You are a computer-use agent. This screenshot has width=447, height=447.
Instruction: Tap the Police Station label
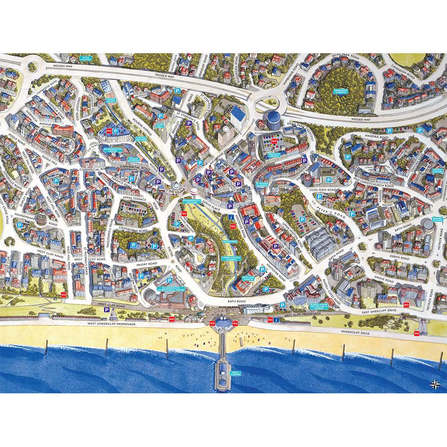coord(438,171)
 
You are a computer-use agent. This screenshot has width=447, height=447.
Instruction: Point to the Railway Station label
coord(438,219)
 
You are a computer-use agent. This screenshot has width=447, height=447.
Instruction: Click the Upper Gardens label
coord(86,58)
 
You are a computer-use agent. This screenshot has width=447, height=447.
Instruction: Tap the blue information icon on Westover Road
coord(231,217)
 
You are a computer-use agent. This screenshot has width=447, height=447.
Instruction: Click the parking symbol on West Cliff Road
coord(107,310)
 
